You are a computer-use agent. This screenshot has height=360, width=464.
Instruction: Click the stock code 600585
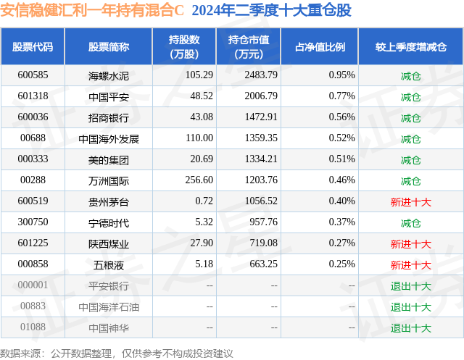tap(33, 75)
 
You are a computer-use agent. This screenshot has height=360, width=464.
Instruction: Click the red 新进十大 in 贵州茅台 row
tap(410, 201)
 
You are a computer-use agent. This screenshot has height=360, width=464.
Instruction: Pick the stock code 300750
tap(33, 222)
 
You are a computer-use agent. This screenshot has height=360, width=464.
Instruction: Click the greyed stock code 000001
tap(33, 285)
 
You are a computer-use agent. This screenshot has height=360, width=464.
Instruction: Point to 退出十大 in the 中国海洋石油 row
tap(410, 306)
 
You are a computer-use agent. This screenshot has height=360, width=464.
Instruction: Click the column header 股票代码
tap(33, 47)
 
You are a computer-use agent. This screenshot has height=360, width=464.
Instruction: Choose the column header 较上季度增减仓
tap(410, 47)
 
